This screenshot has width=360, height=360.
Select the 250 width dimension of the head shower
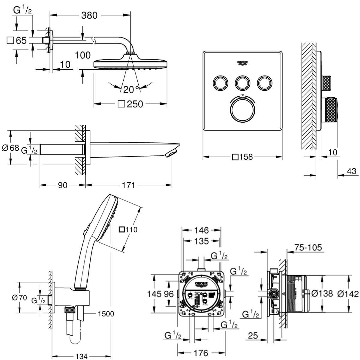click(135, 104)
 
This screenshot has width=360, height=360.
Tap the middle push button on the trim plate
click(242, 82)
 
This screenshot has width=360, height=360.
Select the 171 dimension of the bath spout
click(128, 185)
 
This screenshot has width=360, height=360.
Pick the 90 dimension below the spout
click(62, 185)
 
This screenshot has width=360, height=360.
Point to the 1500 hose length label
click(106, 314)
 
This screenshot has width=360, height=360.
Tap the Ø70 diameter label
click(19, 298)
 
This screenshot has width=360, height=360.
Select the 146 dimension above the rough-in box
click(201, 230)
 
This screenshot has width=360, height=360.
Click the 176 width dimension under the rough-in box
click(201, 353)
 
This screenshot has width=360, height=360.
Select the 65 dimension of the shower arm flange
click(21, 40)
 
